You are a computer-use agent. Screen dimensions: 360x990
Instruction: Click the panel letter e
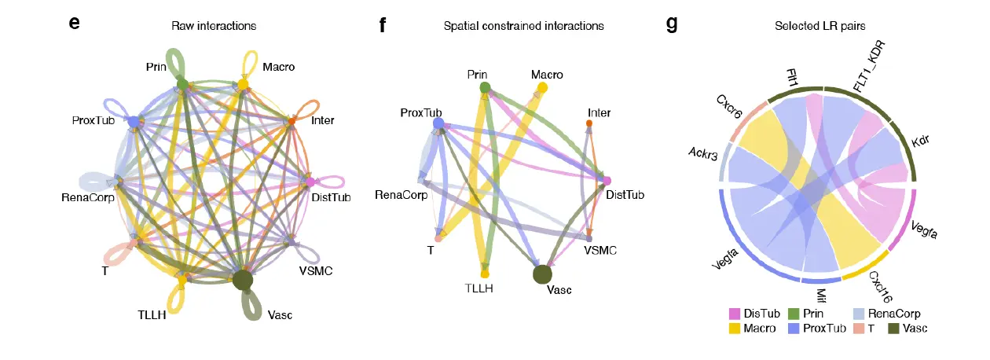point(75,23)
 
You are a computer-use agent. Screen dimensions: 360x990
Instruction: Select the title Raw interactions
point(214,26)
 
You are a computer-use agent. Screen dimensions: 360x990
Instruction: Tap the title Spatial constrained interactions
point(523,26)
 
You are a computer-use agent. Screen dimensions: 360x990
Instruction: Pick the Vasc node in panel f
point(542,274)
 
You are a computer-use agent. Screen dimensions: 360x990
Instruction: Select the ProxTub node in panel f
point(438,123)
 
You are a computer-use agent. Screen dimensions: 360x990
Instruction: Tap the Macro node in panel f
point(542,87)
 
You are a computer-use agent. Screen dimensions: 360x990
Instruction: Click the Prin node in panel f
point(485,86)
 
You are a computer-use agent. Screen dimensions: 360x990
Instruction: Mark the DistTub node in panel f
point(606,182)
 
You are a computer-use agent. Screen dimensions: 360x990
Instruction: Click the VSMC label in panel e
point(316,271)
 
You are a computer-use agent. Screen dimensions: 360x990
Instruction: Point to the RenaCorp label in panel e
point(88,197)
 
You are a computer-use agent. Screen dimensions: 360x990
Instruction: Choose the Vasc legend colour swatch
point(893,328)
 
